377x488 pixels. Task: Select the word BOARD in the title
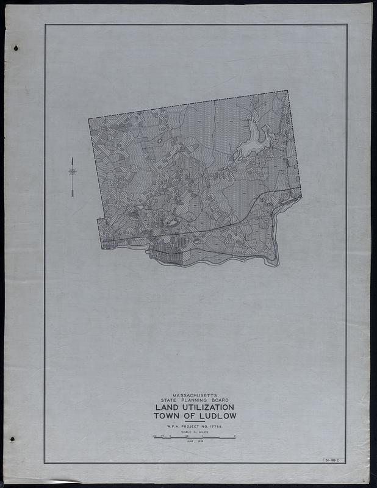tap(218, 400)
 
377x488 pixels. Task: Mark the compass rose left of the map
tap(73, 171)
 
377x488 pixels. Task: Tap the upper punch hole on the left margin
tap(16, 49)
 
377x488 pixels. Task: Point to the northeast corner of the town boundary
tap(287, 91)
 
